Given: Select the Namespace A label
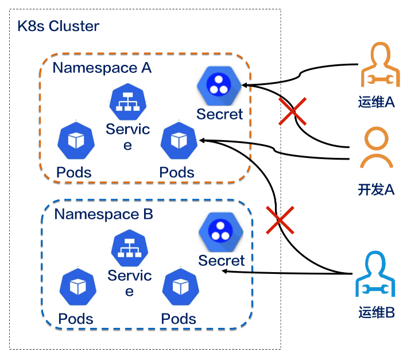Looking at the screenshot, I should click(102, 68).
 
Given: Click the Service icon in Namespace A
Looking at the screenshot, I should click(128, 101).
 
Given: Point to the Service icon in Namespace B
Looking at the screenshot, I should click(129, 247).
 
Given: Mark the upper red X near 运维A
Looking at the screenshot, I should click(293, 111).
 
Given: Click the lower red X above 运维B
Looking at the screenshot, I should click(280, 220).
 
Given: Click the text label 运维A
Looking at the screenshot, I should click(376, 102).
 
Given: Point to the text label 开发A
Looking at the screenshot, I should click(376, 189).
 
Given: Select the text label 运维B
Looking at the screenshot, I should click(376, 313).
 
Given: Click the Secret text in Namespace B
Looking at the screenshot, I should click(222, 261).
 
